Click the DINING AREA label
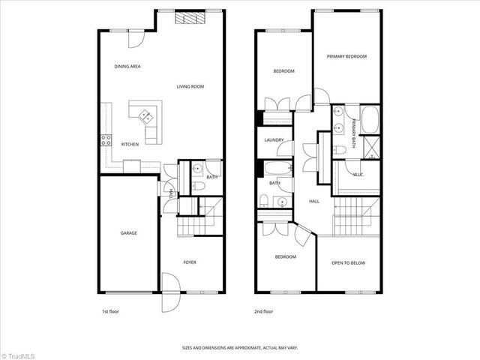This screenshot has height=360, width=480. tap(127, 67)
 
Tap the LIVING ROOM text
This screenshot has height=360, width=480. tap(190, 87)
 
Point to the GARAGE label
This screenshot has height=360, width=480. tap(129, 233)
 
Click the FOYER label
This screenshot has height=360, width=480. tap(190, 262)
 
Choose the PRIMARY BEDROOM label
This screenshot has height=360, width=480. tap(346, 56)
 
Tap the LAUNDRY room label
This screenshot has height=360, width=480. tap(274, 139)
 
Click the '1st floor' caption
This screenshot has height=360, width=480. tap(110, 311)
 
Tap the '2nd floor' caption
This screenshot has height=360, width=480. tap(264, 311)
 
